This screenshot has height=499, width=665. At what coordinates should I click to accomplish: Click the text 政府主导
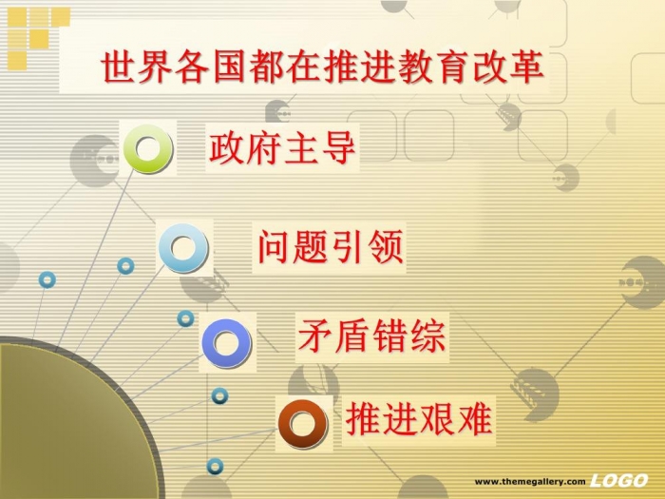282,147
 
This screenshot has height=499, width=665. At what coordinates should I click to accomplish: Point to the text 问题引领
330,247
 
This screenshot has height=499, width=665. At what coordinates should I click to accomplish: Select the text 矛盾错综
371,336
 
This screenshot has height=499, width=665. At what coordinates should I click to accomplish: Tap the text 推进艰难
419,419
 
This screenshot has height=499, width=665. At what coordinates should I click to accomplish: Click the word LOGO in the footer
619,480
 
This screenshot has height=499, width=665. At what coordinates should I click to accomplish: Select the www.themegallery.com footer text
530,482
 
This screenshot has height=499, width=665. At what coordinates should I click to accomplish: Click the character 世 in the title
119,67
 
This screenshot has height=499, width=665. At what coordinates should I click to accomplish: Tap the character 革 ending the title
526,67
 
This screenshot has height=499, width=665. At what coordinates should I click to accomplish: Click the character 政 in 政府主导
227,147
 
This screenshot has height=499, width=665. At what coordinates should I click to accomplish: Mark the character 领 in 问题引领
386,247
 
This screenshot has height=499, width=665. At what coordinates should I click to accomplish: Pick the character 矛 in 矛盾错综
316,336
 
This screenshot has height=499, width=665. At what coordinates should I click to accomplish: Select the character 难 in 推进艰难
475,419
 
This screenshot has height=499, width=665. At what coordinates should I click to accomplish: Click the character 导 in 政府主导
337,147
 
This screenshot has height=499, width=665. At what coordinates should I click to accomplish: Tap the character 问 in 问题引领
275,247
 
